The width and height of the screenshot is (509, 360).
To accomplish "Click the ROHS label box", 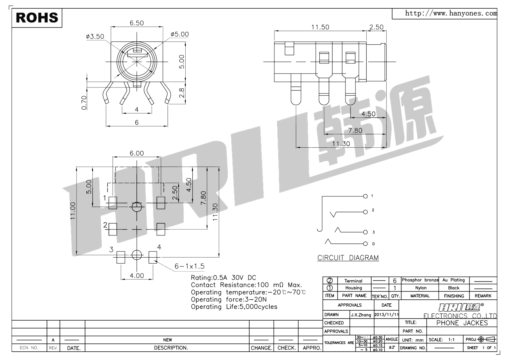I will [37, 18].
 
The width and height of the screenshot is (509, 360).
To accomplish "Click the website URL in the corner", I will [451, 13].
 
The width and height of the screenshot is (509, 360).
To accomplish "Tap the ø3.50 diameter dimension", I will [95, 36].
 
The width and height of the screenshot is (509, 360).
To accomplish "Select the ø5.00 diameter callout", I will [180, 34].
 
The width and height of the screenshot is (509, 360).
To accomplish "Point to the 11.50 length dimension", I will [320, 27].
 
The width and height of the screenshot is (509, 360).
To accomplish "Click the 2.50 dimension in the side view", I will [376, 27].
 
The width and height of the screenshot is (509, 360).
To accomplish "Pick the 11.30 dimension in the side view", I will [341, 144].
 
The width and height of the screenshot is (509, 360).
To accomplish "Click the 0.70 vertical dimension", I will [84, 102].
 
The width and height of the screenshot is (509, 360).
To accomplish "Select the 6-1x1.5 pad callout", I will [190, 266].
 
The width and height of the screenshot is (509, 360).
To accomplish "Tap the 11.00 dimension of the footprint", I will [73, 211].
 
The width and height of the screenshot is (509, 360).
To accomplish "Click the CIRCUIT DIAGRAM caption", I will [348, 258].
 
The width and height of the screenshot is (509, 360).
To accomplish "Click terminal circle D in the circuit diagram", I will [365, 244].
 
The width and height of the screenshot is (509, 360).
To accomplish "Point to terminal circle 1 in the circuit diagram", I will [365, 196].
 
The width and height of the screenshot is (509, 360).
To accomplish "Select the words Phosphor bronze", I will [420, 280].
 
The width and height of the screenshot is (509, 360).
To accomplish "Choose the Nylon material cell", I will [421, 288].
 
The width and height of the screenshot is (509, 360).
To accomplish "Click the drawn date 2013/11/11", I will [386, 315].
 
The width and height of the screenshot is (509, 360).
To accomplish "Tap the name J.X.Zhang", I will [361, 315].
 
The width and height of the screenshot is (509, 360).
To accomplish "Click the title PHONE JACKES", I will [462, 323].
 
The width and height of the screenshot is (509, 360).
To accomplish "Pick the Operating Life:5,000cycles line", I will [234, 307].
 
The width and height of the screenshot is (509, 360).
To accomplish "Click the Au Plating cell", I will [453, 280].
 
